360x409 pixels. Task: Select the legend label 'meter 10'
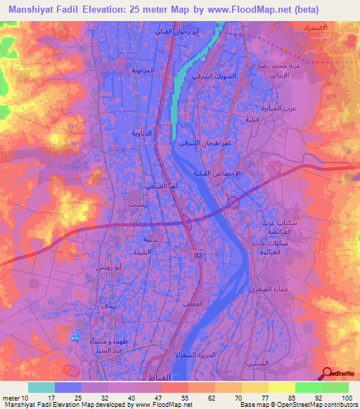[x=14, y=398]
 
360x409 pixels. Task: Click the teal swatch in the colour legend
[x=41, y=387]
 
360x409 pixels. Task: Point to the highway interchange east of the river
[x=233, y=203]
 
